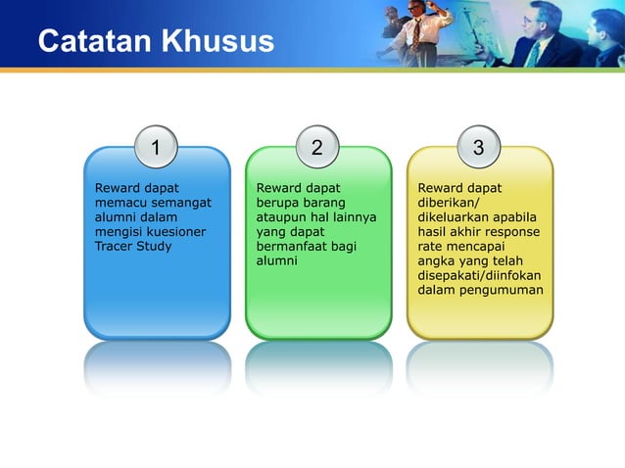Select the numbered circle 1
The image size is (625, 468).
156,148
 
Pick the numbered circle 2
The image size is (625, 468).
316,148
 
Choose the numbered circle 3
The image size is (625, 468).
478,148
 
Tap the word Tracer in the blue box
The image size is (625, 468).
113,246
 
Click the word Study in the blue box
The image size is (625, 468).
155,246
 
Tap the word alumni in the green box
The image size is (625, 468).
276,260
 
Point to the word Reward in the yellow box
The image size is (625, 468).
440,187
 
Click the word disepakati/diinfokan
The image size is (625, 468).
479,275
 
